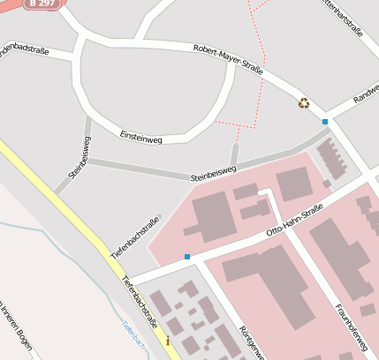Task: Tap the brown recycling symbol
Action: coord(304,103)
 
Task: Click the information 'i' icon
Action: coord(167,340)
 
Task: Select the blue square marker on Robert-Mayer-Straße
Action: coord(325,121)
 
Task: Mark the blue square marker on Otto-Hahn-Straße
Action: coord(187,257)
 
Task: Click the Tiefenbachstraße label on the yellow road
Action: coord(139,298)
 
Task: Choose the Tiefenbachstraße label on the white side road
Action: coord(135,236)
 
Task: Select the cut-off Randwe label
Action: coord(364,96)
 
